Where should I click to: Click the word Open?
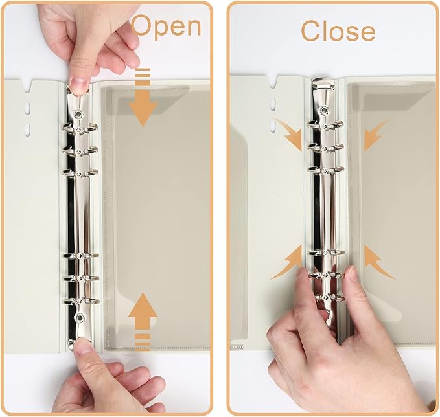click(167, 27)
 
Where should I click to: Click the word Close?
click(338, 30)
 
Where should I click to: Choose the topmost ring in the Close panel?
click(324, 125)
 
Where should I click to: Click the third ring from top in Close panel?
click(324, 170)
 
